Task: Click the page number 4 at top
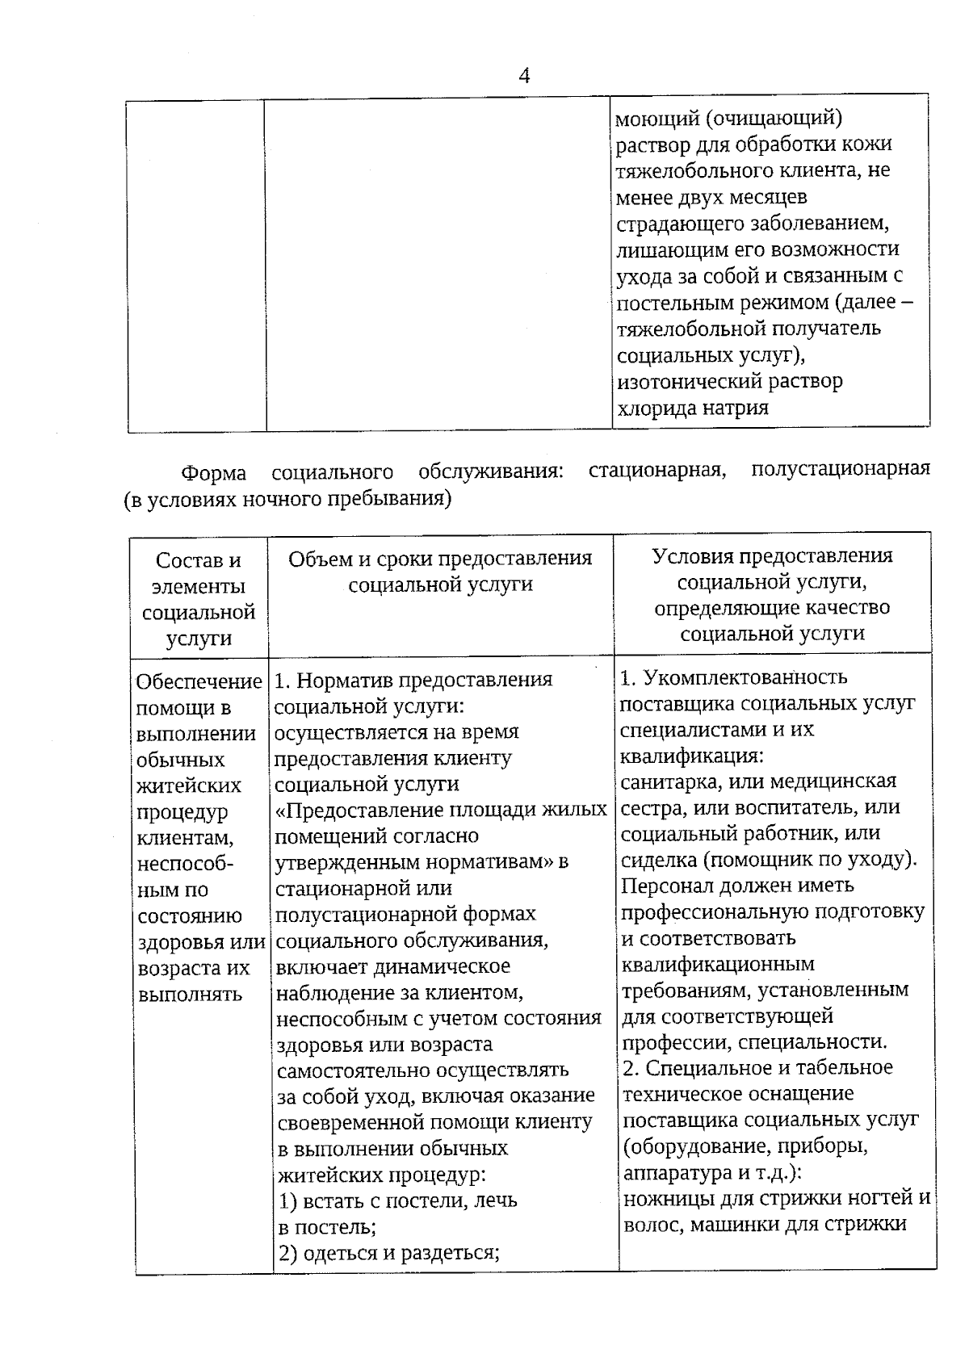(x=524, y=77)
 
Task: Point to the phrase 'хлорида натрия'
(x=691, y=407)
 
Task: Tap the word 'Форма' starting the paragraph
(x=213, y=472)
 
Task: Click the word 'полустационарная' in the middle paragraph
(x=840, y=468)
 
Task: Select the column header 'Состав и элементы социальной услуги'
(x=199, y=598)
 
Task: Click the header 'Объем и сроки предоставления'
(x=440, y=559)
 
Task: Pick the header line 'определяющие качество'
(x=772, y=607)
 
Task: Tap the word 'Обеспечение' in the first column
(x=199, y=681)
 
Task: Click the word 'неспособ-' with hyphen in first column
(x=185, y=864)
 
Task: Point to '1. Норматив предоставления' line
(x=413, y=680)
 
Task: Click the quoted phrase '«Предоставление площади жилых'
(x=441, y=810)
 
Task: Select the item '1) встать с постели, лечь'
(x=397, y=1200)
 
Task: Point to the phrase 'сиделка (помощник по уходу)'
(x=767, y=859)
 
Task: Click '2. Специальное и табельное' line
(x=757, y=1067)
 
